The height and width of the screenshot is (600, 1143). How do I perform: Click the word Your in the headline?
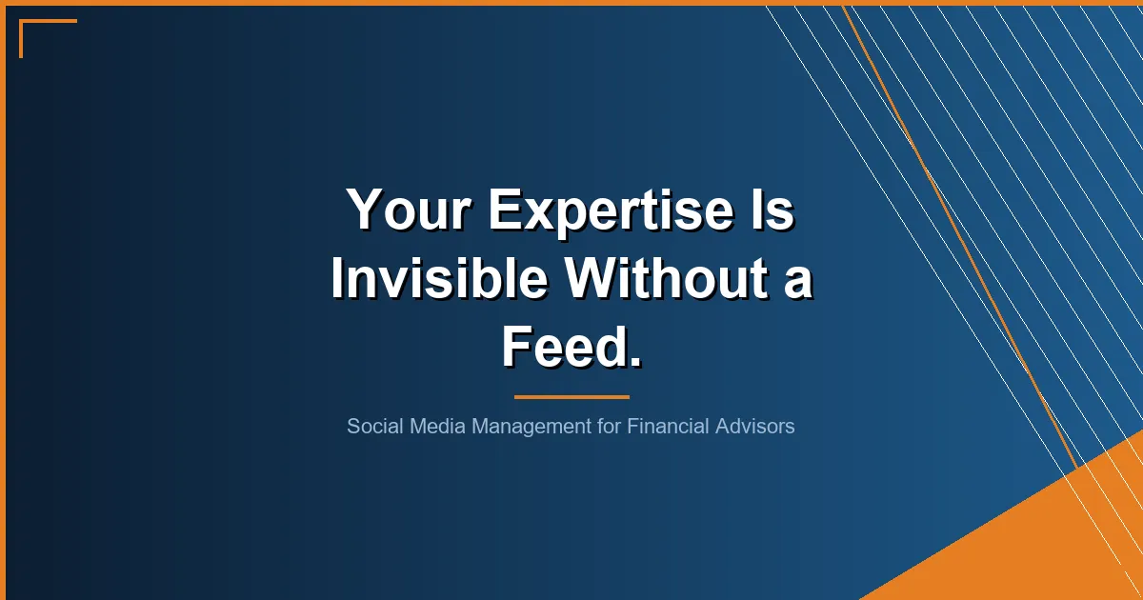click(410, 210)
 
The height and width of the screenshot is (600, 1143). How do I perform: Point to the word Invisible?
click(439, 279)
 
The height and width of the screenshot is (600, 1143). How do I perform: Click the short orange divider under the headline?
click(571, 396)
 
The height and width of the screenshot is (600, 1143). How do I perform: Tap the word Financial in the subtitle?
click(665, 426)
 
